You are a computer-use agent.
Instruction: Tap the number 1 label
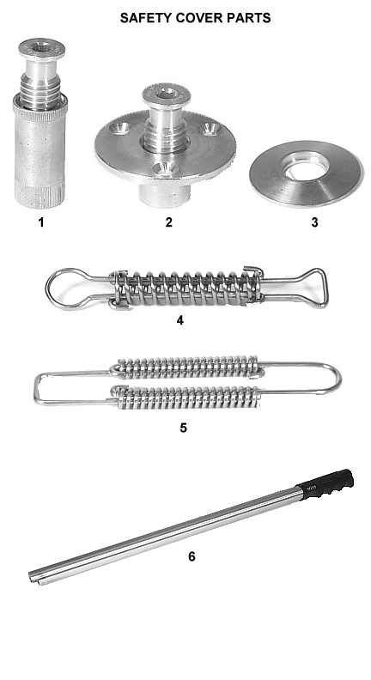tap(41, 222)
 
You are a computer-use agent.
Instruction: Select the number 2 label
tap(169, 222)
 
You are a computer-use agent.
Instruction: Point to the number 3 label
tap(314, 222)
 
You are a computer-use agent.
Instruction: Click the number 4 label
tap(180, 320)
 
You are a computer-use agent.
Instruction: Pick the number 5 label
tap(183, 428)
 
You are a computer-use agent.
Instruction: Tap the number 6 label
tap(192, 556)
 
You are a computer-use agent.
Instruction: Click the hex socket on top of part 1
tap(42, 46)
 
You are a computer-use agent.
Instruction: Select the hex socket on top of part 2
tap(167, 93)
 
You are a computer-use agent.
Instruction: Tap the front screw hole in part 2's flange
tap(166, 167)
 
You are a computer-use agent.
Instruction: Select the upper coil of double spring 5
tap(185, 367)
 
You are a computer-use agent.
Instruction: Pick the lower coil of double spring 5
tap(185, 396)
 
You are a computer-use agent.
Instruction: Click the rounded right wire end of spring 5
tap(338, 378)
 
